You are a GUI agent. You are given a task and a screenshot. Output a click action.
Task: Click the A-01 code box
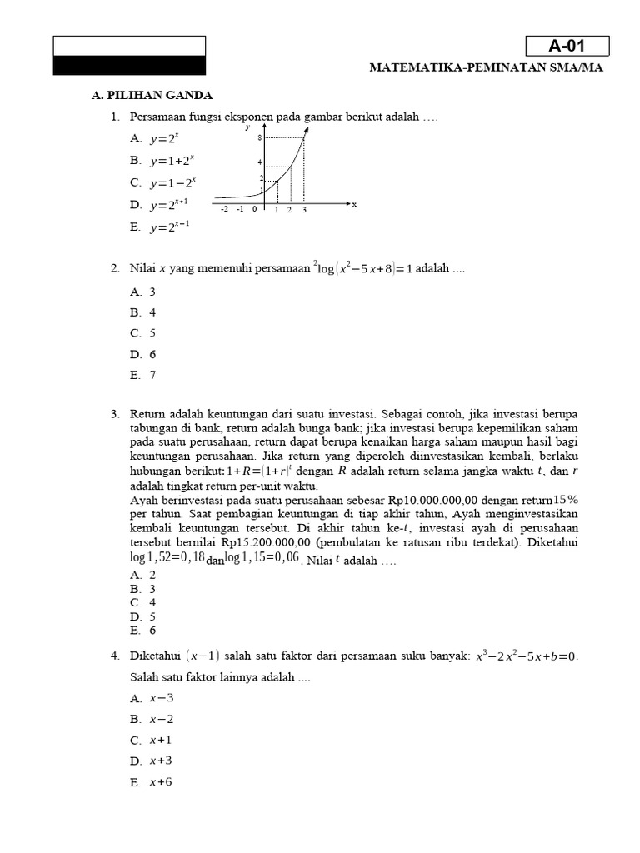567,46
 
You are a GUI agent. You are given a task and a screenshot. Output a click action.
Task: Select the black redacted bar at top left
129,65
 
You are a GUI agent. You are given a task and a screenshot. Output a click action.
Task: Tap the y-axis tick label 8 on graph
260,137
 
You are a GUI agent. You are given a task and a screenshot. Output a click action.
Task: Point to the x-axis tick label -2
224,210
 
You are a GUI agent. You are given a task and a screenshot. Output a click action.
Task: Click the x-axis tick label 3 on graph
304,210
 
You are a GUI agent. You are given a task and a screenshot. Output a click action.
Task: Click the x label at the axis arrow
354,204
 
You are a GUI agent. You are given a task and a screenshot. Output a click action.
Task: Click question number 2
115,268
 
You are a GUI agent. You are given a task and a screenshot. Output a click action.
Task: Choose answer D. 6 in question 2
142,354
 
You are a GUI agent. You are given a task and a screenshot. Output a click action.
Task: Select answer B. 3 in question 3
142,589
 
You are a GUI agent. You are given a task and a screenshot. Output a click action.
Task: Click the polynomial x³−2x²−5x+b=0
526,656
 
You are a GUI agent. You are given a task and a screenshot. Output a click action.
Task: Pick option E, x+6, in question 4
151,782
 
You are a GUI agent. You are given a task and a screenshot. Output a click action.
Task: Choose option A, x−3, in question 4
151,698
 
